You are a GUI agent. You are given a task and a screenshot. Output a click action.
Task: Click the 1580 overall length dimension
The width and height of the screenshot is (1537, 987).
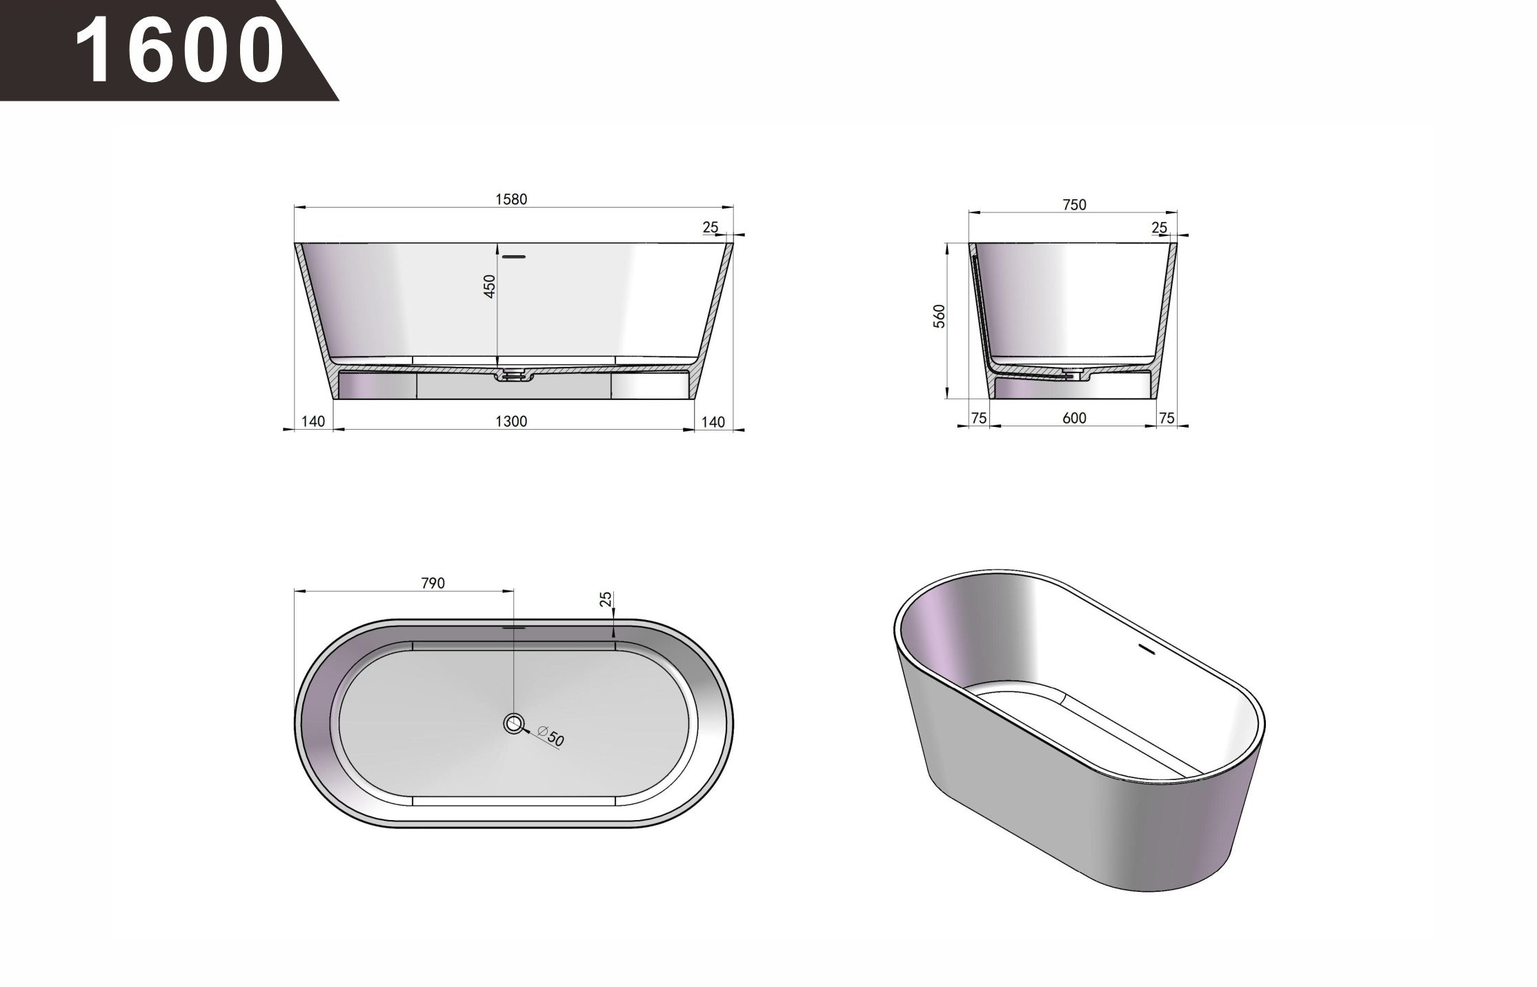pyautogui.click(x=511, y=199)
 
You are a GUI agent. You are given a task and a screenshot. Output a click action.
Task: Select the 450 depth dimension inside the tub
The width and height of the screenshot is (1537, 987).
pyautogui.click(x=489, y=286)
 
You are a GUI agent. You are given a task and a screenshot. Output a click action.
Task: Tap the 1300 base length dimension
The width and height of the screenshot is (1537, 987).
pyautogui.click(x=511, y=421)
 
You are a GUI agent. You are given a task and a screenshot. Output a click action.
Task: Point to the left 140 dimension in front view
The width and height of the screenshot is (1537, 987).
pyautogui.click(x=313, y=421)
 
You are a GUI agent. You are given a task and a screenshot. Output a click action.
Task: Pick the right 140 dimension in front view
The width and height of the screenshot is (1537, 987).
pyautogui.click(x=713, y=422)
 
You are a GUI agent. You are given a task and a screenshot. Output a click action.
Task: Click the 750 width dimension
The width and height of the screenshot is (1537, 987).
pyautogui.click(x=1075, y=205)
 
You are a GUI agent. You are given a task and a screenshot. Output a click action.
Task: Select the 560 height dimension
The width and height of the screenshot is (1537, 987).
pyautogui.click(x=940, y=316)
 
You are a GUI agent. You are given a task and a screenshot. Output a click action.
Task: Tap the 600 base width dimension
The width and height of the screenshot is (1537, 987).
pyautogui.click(x=1075, y=418)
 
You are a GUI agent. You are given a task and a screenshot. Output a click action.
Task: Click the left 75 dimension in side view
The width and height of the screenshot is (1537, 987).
pyautogui.click(x=978, y=418)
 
